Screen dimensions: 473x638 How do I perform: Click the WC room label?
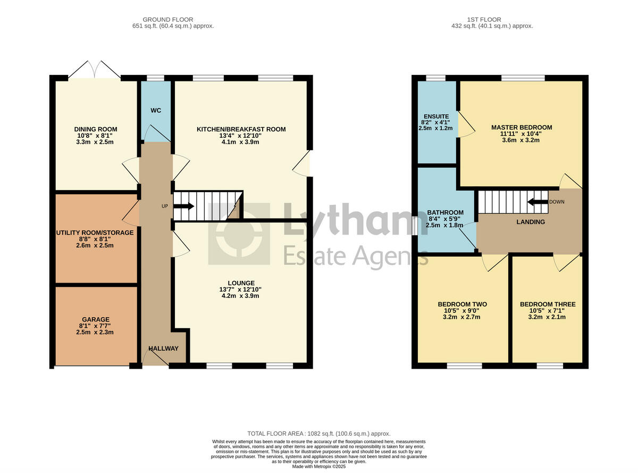156,111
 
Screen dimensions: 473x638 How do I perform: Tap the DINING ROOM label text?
96,129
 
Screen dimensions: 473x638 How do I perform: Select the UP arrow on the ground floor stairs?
184,206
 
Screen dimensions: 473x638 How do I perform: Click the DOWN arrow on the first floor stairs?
538,202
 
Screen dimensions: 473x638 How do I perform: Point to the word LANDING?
531,222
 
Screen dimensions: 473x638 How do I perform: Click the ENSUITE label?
436,117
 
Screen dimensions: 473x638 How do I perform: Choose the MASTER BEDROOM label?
522,127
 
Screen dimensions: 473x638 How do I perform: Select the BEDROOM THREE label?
547,304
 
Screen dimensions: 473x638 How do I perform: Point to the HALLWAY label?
163,348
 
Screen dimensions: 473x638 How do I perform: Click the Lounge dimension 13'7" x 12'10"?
241,289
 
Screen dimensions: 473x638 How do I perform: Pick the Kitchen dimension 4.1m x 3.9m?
241,142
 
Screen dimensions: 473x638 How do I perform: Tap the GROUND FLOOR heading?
168,20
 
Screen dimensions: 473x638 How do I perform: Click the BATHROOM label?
446,212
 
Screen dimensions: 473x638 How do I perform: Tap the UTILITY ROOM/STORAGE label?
95,233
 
